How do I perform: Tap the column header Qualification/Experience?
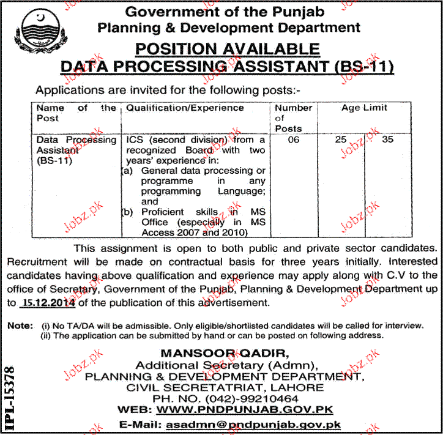point(184,108)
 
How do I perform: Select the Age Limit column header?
point(364,108)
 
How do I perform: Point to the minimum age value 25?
point(341,140)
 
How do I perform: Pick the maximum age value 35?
point(387,140)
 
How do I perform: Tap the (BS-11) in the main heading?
point(360,67)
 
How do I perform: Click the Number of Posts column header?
point(293,117)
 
